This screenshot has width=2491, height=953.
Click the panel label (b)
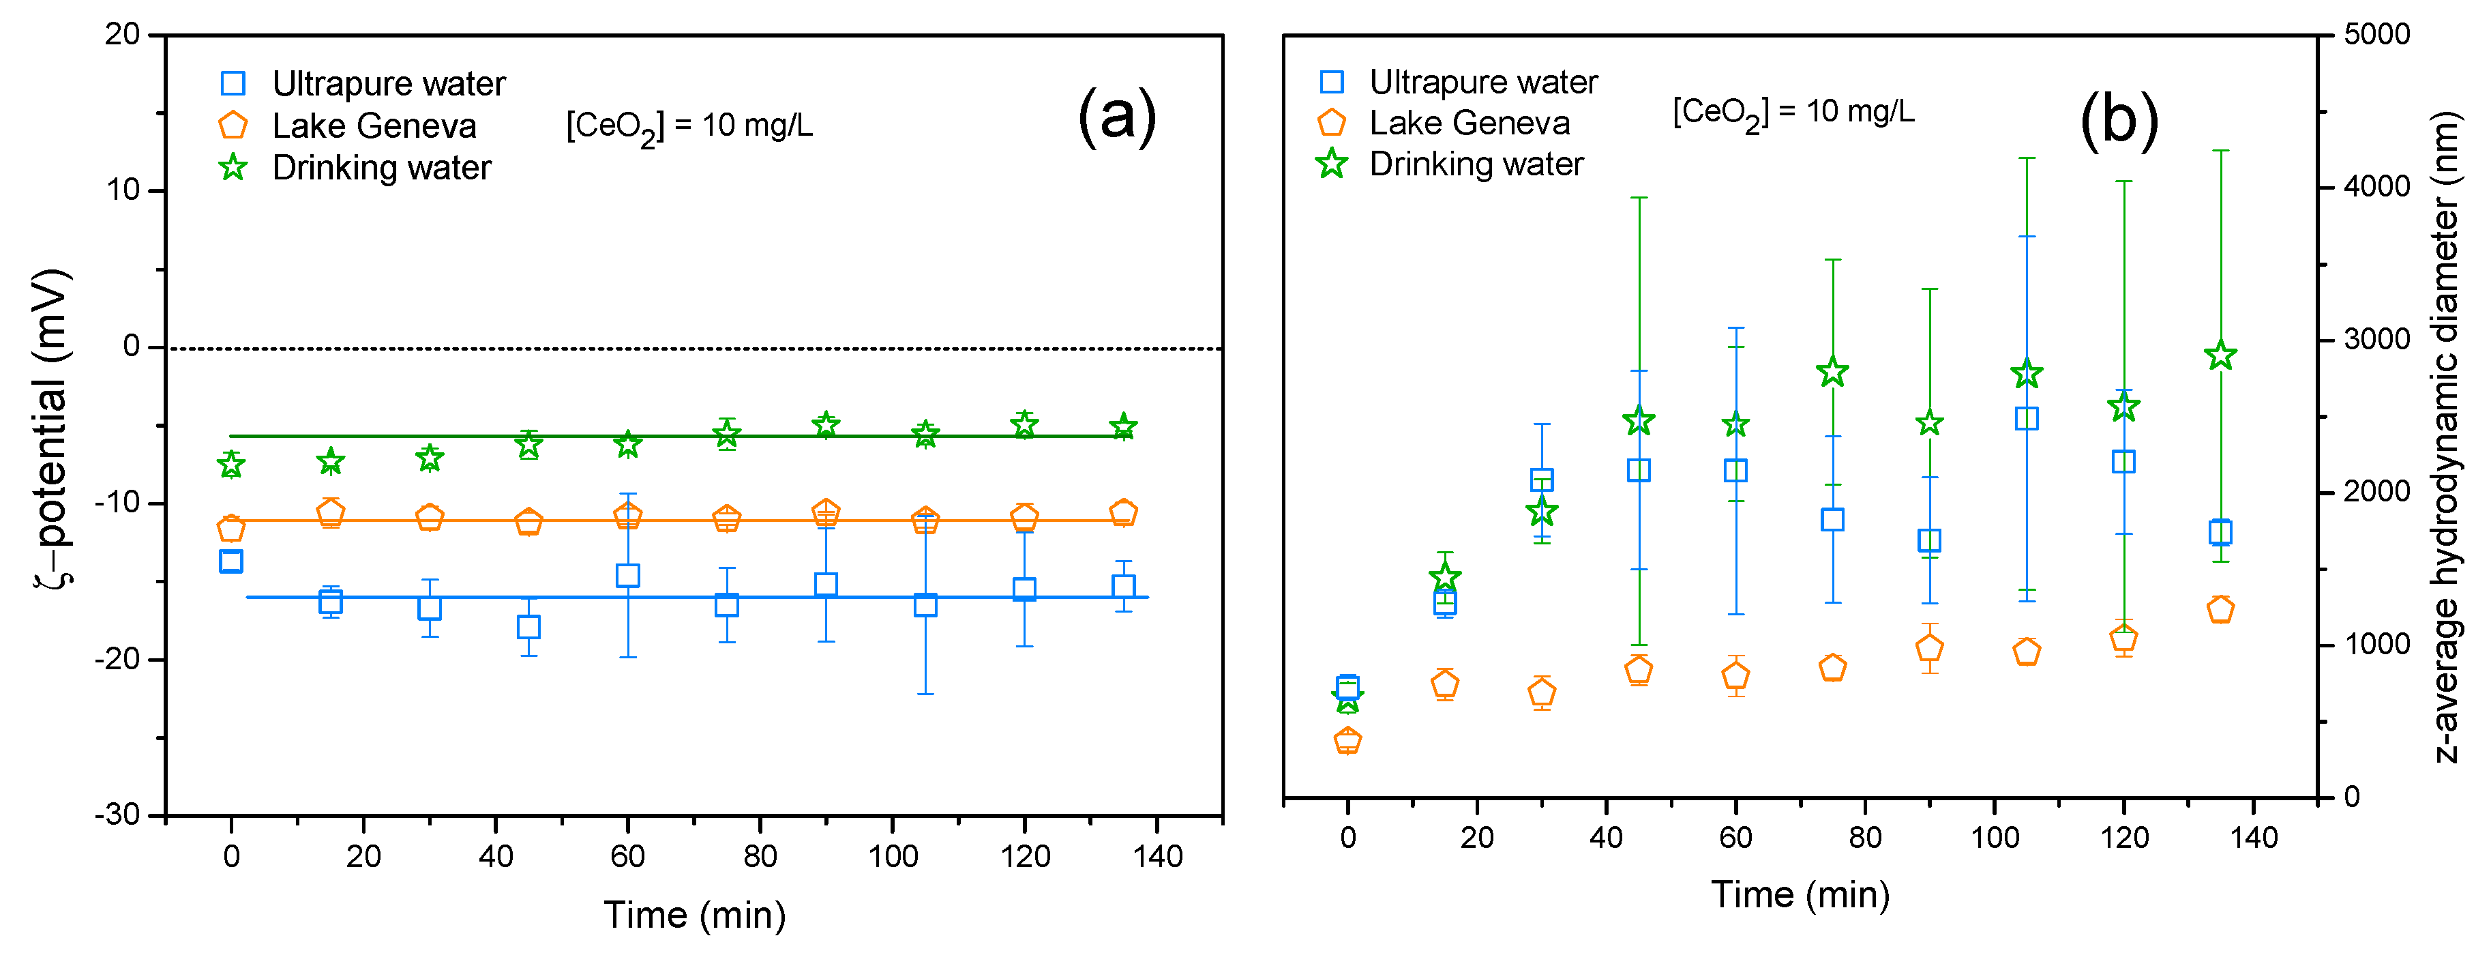pyautogui.click(x=2119, y=120)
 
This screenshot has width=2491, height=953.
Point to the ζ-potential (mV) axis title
pyautogui.click(x=50, y=426)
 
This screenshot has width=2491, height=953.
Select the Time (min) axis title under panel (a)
pyautogui.click(x=694, y=914)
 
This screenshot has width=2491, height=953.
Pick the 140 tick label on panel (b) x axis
pyautogui.click(x=2253, y=837)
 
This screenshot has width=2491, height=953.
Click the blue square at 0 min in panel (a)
pyautogui.click(x=231, y=561)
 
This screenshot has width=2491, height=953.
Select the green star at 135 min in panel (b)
pyautogui.click(x=2220, y=356)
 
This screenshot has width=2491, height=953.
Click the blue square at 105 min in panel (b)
pyautogui.click(x=2027, y=418)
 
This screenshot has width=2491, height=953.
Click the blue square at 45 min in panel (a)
pyautogui.click(x=528, y=627)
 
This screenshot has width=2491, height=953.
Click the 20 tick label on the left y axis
pyautogui.click(x=123, y=34)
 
